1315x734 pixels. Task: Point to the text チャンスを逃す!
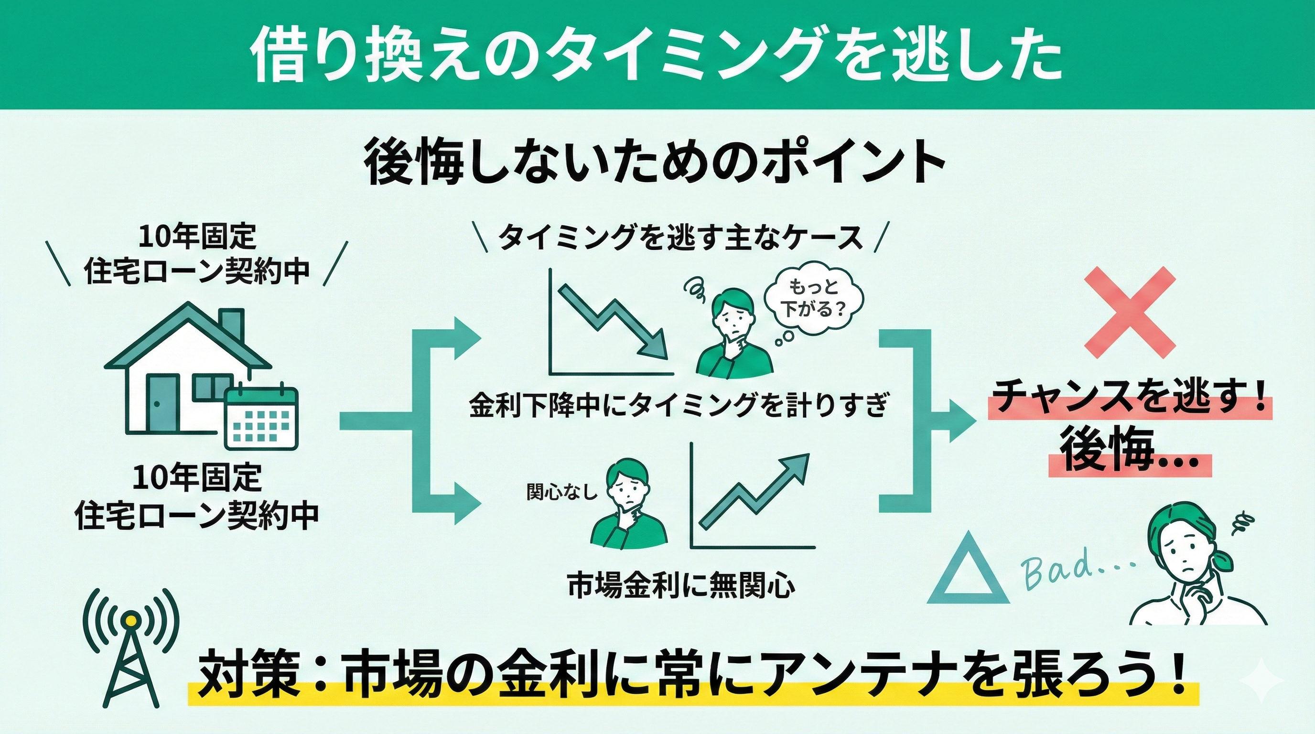(x=1129, y=398)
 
